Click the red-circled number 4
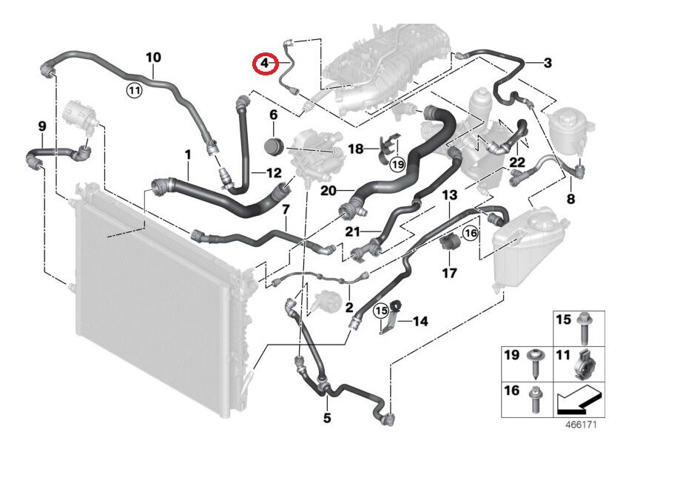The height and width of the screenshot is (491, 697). tap(264, 63)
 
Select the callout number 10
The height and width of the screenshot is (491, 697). tap(153, 58)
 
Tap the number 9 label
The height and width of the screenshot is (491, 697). tap(41, 126)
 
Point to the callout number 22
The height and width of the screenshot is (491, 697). tap(517, 163)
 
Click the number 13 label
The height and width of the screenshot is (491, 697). tap(450, 194)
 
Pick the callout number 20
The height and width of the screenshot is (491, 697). tap(329, 191)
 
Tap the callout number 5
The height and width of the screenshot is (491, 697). tap(327, 418)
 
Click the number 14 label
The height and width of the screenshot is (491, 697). tap(420, 321)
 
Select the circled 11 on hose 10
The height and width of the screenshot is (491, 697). tap(134, 91)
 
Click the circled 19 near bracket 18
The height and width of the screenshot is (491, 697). tap(398, 165)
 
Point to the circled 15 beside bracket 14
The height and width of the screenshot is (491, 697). tap(381, 311)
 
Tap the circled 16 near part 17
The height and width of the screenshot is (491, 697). tap(471, 232)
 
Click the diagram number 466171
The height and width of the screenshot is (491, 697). tap(581, 424)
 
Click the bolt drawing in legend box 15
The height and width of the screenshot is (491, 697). tap(584, 328)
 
